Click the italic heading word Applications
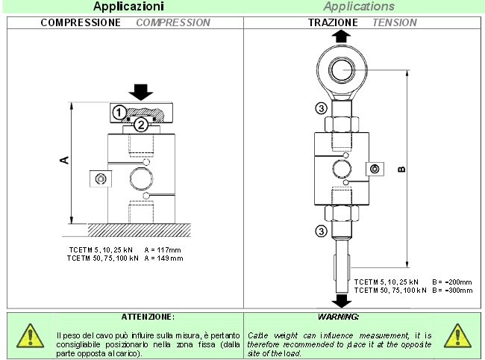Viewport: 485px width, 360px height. [x=363, y=7]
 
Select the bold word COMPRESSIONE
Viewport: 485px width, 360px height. [x=81, y=22]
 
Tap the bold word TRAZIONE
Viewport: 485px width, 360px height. [x=333, y=22]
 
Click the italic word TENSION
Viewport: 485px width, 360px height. [x=394, y=22]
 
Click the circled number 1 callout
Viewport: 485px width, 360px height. [x=118, y=112]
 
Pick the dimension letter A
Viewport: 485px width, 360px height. [x=64, y=159]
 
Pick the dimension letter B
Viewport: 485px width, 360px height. [x=402, y=169]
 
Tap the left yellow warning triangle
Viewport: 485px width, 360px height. [x=29, y=336]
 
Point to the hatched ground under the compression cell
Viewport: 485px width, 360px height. [x=141, y=227]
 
